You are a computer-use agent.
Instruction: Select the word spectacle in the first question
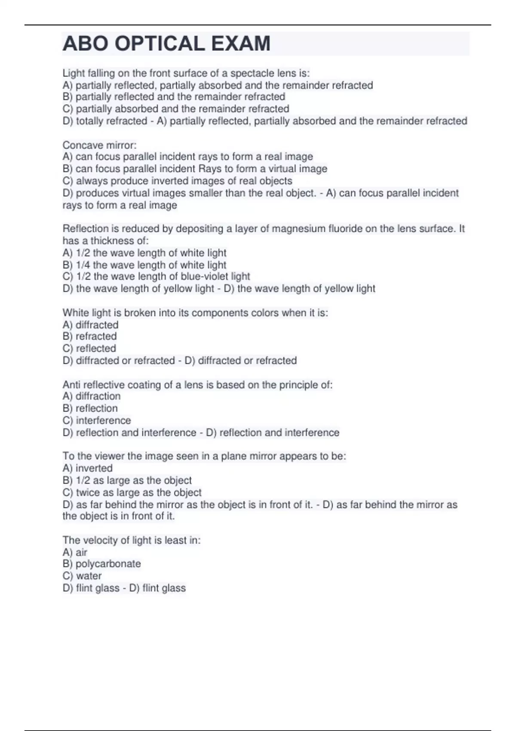coord(250,73)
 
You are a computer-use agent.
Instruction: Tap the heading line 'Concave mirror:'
coord(99,145)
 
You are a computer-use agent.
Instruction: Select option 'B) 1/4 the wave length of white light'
coord(144,265)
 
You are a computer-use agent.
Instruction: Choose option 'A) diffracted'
coord(90,325)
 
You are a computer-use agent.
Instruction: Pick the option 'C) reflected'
coord(89,348)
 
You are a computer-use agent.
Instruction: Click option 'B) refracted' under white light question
coord(89,336)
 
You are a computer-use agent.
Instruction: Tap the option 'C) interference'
coord(96,420)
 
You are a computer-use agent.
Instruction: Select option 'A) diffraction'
coord(91,396)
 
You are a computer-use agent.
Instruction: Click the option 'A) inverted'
coord(87,468)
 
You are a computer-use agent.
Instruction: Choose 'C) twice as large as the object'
coord(132,492)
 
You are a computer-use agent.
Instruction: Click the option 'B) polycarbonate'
coord(101,564)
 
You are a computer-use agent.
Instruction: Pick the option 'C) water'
coord(82,576)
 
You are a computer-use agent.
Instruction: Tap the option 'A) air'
coord(75,552)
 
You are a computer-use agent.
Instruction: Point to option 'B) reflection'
coord(90,408)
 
